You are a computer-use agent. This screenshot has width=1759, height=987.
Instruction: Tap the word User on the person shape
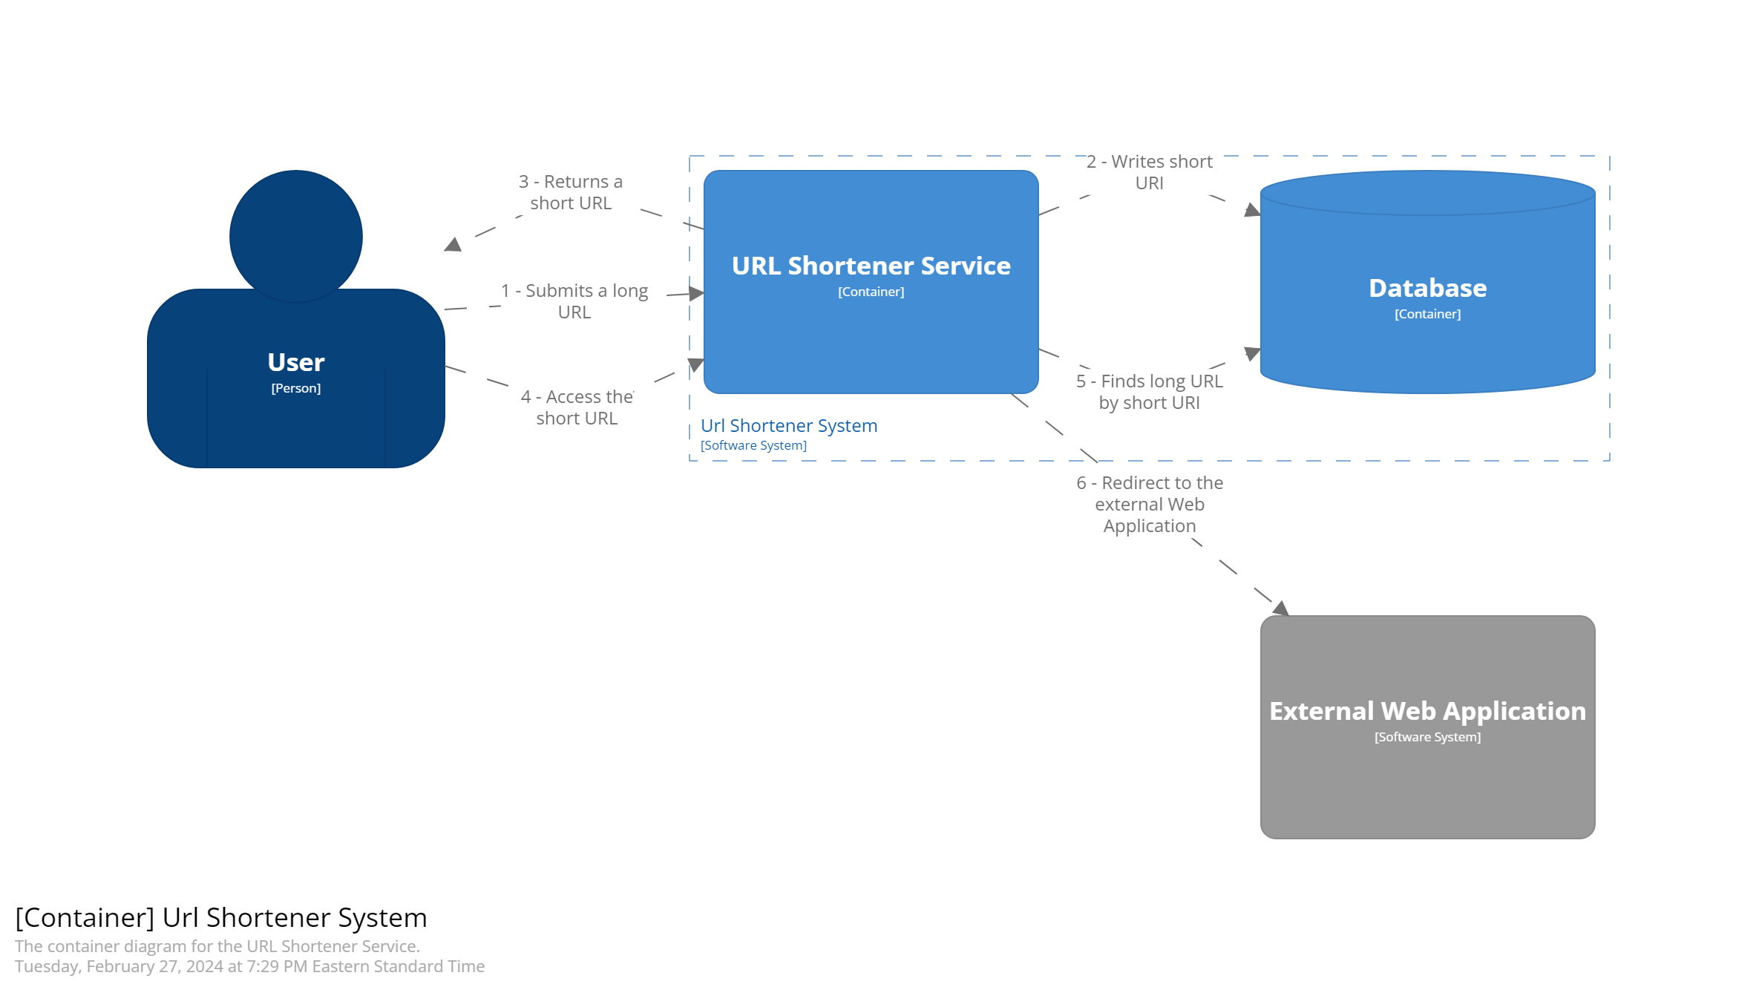295,362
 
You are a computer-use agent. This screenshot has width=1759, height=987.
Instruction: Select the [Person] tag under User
295,388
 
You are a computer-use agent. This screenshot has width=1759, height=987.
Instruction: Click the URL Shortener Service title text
871,266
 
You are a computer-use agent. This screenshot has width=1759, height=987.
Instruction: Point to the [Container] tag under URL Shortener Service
871,292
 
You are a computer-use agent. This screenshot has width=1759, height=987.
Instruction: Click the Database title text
1427,288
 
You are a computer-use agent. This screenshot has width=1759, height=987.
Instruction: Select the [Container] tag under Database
1427,314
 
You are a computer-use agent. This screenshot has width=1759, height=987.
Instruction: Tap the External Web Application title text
1427,711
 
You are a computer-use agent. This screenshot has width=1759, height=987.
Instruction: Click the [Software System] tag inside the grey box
1427,737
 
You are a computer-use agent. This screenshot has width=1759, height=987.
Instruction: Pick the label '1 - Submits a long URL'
574,301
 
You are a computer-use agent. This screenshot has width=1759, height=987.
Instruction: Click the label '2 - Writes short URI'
1150,172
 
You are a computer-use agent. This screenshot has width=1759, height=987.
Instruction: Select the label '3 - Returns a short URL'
571,192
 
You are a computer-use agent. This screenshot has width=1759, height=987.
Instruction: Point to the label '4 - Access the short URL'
577,407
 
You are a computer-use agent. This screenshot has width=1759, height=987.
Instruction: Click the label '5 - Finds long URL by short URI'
1150,392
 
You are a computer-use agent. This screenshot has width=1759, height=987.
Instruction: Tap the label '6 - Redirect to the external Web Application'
1150,505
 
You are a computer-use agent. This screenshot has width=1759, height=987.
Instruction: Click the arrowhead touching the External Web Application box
1280,609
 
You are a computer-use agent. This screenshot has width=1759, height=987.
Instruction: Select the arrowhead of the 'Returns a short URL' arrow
453,244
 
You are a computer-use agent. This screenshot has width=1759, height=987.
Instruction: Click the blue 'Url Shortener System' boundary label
789,426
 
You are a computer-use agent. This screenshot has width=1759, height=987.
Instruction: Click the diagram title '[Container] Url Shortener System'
221,918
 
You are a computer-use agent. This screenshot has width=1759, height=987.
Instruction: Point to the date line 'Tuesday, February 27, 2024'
249,966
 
